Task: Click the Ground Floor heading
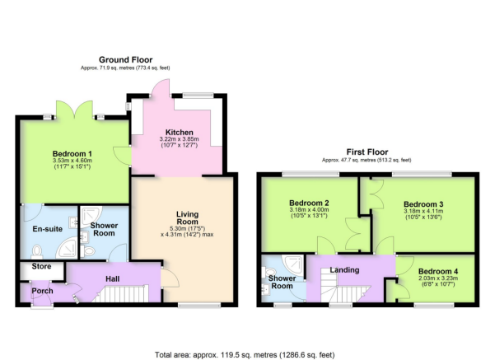[x=126, y=59]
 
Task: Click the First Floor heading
[x=367, y=152]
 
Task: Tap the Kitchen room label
[x=180, y=133]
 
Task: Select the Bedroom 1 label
[x=72, y=154]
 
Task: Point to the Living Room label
[x=187, y=217]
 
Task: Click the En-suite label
[x=47, y=229]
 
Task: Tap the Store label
[x=41, y=266]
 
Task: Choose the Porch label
[x=42, y=291]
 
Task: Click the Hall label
[x=112, y=278]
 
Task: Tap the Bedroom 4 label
[x=438, y=271]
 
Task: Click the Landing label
[x=344, y=270]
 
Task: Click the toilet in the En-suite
[x=37, y=252]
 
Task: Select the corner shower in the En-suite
[x=67, y=248]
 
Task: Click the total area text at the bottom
[x=245, y=355]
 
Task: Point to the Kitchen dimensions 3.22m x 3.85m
[x=180, y=139]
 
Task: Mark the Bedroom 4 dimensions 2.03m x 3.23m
[x=438, y=278]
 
